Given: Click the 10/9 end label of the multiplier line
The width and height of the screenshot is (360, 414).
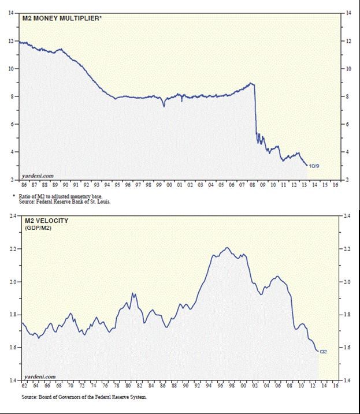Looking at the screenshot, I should pos(314,166).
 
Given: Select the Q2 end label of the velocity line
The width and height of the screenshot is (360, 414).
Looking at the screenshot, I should pos(324,351).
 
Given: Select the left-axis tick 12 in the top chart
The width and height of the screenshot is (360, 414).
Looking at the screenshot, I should pos(12,41).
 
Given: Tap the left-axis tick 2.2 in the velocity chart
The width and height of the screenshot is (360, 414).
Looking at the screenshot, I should pos(12,249).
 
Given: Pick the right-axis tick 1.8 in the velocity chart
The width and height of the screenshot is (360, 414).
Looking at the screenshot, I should pos(348,315).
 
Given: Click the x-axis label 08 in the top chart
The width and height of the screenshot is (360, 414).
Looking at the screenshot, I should pos(252,185).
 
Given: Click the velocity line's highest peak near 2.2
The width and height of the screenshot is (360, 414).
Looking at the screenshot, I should pos(227,248).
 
